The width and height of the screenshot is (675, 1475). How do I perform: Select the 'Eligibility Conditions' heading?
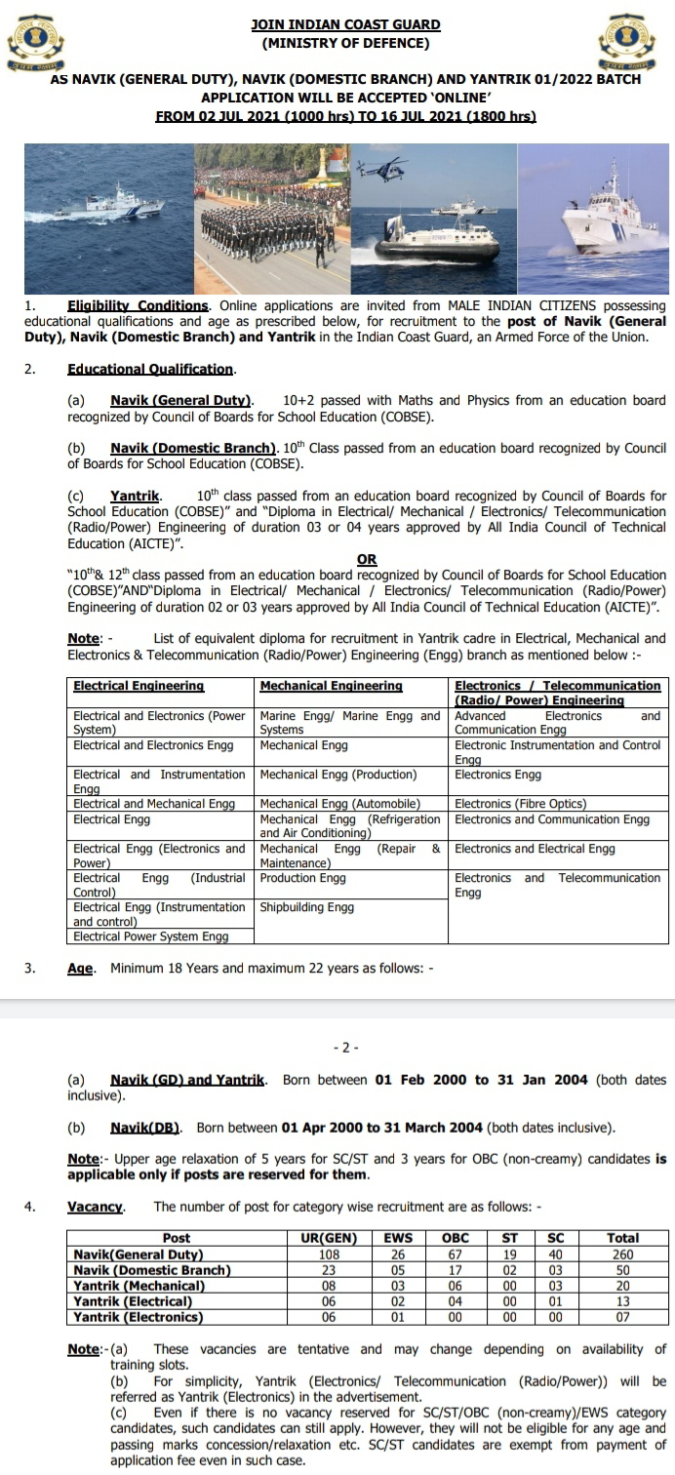tap(138, 305)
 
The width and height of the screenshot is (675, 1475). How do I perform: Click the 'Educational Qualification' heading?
tap(151, 369)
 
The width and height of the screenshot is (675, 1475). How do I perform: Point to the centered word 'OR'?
tap(367, 560)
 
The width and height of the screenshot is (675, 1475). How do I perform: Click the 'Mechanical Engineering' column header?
tap(332, 686)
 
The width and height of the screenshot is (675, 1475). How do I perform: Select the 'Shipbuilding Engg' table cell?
tap(307, 906)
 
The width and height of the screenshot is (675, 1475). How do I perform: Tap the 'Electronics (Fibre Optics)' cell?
tap(521, 804)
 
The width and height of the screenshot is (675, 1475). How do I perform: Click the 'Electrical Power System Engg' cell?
tap(151, 937)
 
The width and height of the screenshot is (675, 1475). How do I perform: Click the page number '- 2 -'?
tap(345, 1048)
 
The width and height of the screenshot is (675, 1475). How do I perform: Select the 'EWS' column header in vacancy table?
tap(398, 1238)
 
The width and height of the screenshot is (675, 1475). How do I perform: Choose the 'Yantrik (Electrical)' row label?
tap(133, 1301)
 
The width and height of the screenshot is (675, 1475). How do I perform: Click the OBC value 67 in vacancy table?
tap(456, 1255)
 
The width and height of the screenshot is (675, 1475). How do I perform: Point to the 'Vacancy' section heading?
tap(96, 1207)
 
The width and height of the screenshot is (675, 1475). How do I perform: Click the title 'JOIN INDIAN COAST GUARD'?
tap(345, 24)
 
